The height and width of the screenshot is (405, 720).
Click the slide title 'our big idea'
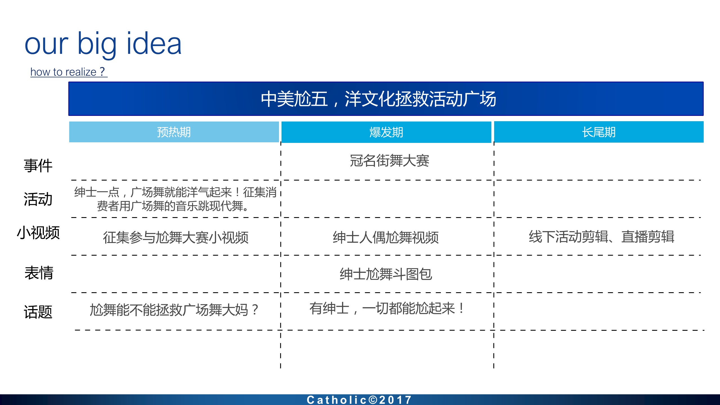point(103,44)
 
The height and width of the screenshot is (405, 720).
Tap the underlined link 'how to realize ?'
point(69,72)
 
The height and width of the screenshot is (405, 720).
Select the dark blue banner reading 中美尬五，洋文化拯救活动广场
point(386,99)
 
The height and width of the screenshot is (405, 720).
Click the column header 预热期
point(174,132)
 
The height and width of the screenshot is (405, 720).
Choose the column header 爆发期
point(386,132)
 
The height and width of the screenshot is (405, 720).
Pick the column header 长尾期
point(599,132)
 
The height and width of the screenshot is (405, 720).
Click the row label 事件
point(38,165)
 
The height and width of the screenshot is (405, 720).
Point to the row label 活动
point(38,199)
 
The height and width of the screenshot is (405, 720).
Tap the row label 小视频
point(38,233)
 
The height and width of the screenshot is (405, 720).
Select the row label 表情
point(39,273)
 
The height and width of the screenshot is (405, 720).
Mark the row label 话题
point(38,312)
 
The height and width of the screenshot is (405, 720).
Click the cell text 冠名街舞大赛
point(390,161)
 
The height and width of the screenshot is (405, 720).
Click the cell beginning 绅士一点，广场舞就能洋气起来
point(175,199)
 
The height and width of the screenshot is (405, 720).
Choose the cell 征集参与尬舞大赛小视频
point(176,237)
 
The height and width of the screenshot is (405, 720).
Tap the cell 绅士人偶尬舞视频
point(386,237)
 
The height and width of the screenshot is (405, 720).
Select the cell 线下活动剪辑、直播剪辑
point(602,237)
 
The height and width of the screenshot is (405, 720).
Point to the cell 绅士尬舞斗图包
point(386,274)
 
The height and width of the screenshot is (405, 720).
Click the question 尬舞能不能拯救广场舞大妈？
point(174,310)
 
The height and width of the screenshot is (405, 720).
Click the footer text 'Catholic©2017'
point(359,400)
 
